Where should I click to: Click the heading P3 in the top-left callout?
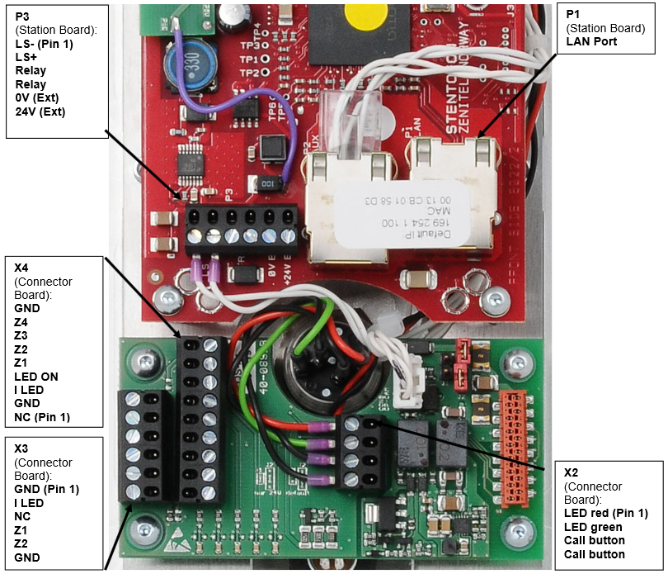tap(22, 17)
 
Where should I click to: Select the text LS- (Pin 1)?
tap(44, 44)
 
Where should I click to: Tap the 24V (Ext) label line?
tap(40, 111)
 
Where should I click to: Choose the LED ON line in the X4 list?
tap(36, 377)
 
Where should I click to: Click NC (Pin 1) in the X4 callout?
tap(42, 417)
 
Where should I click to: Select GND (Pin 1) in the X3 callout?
tap(46, 490)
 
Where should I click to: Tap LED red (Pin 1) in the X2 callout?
tap(604, 515)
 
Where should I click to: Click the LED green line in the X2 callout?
tap(593, 528)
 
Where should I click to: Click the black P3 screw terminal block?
tap(242, 230)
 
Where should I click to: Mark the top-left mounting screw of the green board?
tap(147, 360)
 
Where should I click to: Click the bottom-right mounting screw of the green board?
tap(518, 529)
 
